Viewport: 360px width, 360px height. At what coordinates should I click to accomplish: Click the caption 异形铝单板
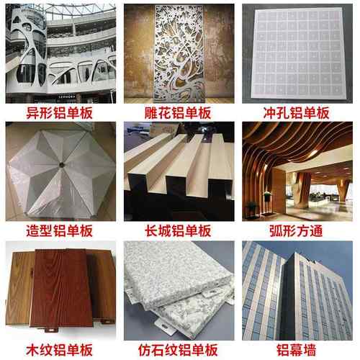point(60,113)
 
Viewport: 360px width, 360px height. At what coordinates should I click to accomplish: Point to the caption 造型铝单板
point(60,231)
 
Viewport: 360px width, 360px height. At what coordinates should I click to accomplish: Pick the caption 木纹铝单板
point(60,350)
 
